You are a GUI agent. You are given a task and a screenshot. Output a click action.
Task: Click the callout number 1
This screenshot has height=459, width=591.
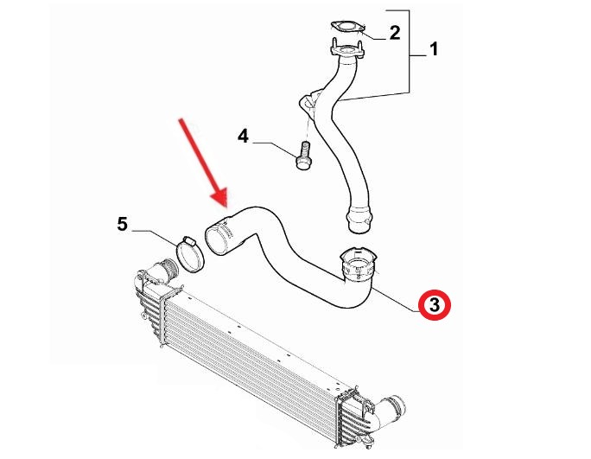click(435, 49)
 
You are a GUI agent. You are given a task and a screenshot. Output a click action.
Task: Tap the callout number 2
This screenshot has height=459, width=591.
click(394, 33)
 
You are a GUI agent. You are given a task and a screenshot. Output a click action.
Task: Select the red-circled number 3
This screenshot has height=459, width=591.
click(435, 305)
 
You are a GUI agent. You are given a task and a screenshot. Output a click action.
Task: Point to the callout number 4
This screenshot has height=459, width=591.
click(243, 137)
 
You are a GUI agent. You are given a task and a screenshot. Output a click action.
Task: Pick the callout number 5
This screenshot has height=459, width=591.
click(123, 224)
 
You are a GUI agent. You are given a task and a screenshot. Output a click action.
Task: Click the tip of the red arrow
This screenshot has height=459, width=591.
click(226, 207)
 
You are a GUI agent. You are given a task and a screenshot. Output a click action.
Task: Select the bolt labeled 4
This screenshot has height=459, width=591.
click(303, 155)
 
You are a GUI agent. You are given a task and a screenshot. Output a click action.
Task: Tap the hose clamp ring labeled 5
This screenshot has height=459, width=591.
click(189, 255)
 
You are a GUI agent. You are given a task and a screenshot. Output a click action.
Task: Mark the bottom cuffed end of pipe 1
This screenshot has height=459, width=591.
click(359, 220)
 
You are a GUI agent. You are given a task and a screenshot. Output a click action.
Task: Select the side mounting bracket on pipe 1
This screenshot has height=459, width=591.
click(310, 100)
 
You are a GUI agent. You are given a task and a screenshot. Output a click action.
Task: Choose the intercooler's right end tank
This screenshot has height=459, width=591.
click(354, 418)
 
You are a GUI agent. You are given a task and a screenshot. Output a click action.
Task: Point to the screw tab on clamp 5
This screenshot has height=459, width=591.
click(188, 240)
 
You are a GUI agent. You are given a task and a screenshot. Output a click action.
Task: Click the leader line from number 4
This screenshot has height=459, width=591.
click(275, 150)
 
